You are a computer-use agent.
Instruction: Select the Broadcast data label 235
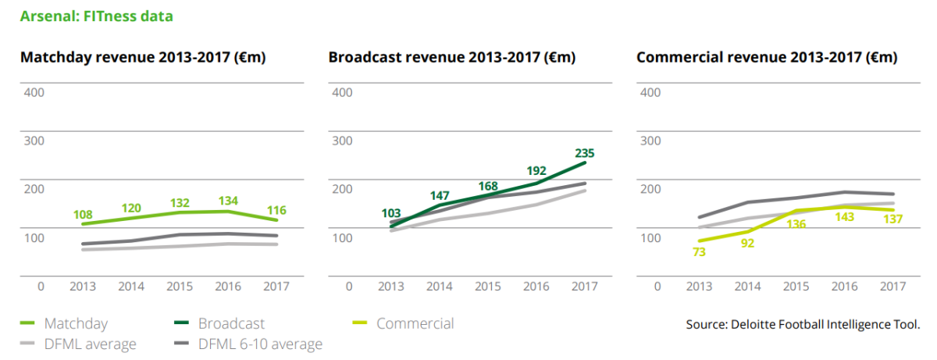(584, 153)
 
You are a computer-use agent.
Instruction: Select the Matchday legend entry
(76, 323)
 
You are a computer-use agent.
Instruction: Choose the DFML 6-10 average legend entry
(259, 344)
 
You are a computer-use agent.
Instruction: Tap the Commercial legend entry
(415, 323)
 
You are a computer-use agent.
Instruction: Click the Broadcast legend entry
(231, 323)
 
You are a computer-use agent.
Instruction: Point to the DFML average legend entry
(90, 344)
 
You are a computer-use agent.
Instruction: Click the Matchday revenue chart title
(144, 58)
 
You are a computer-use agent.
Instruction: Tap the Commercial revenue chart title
(767, 58)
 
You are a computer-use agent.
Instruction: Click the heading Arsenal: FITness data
(96, 16)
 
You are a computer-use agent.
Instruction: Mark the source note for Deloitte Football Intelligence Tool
(803, 324)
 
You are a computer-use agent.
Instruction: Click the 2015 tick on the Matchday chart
(180, 287)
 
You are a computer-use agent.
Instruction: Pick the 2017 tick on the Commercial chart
(892, 287)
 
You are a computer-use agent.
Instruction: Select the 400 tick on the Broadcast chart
(342, 92)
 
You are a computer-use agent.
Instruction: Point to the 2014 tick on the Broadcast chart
(439, 287)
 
